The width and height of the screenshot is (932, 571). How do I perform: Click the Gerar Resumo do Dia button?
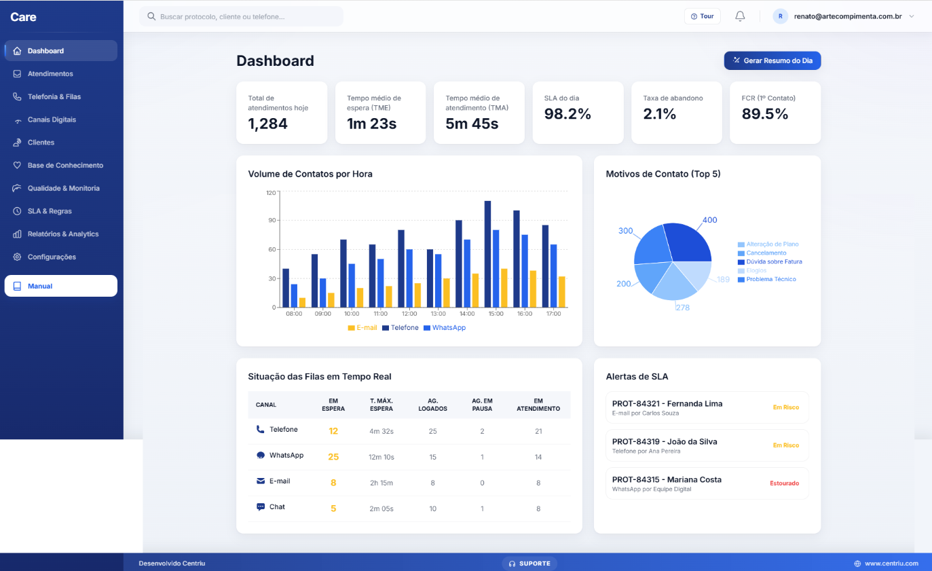point(772,60)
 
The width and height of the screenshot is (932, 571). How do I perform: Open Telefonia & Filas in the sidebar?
point(54,96)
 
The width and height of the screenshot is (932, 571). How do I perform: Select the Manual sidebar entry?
point(60,286)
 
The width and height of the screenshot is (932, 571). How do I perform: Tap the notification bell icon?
point(740,16)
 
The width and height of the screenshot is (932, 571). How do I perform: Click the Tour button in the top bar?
point(703,16)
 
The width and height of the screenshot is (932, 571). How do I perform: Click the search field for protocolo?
point(242,17)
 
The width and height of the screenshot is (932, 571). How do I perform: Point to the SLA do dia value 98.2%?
point(567,113)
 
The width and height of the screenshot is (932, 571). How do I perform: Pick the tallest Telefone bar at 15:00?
point(487,255)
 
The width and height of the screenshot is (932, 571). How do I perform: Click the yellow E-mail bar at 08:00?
point(303,303)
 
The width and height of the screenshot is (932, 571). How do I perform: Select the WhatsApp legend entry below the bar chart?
point(445,327)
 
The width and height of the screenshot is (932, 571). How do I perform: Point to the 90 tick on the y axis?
point(272,220)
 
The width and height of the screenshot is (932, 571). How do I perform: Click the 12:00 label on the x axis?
point(409,314)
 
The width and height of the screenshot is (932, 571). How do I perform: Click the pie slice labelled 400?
point(688,244)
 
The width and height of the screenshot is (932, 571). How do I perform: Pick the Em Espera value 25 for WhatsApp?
point(333,457)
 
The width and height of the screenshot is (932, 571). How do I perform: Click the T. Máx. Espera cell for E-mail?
point(381,483)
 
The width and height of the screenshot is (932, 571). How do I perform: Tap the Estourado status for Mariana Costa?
point(784,483)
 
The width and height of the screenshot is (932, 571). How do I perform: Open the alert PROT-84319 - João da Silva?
point(707,445)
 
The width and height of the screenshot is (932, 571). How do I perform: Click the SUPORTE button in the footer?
point(529,564)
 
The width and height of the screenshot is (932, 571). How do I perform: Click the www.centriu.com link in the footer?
point(887,564)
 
